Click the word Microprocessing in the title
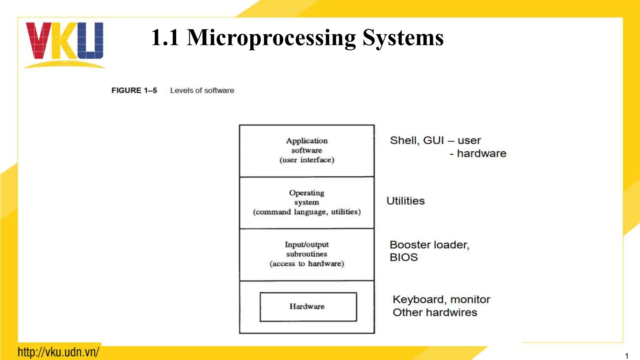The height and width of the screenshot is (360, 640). pyautogui.click(x=271, y=38)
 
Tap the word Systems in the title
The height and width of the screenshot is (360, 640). pyautogui.click(x=403, y=38)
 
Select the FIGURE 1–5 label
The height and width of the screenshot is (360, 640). pyautogui.click(x=134, y=91)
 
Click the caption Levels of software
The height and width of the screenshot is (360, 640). pyautogui.click(x=202, y=91)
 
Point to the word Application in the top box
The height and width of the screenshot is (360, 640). pyautogui.click(x=307, y=141)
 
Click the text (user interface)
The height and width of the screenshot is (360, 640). pyautogui.click(x=307, y=160)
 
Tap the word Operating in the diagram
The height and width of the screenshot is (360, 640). pyautogui.click(x=307, y=193)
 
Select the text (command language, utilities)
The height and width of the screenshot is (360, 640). pyautogui.click(x=307, y=212)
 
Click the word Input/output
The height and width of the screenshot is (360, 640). pyautogui.click(x=307, y=245)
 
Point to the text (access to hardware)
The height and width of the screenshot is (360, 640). pyautogui.click(x=307, y=264)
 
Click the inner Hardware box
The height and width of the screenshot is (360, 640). pyautogui.click(x=308, y=307)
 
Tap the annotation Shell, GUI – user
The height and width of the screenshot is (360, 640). pyautogui.click(x=435, y=141)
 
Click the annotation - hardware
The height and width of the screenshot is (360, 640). pyautogui.click(x=478, y=154)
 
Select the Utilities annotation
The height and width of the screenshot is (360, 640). pyautogui.click(x=405, y=201)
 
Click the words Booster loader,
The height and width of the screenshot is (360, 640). pyautogui.click(x=429, y=245)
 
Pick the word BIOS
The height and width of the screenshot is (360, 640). pyautogui.click(x=403, y=257)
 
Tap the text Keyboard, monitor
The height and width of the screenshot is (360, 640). pyautogui.click(x=441, y=300)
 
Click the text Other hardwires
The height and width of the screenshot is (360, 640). pyautogui.click(x=435, y=312)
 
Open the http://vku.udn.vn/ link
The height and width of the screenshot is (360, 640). pyautogui.click(x=58, y=352)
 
